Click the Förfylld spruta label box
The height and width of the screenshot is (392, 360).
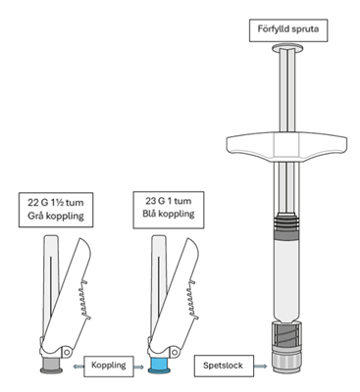288,30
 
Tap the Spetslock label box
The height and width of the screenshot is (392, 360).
224,366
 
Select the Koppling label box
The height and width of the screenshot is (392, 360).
109,366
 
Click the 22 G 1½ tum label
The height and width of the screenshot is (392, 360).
56,203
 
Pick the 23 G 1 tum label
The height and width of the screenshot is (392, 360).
169,201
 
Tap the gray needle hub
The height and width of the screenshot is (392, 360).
51,366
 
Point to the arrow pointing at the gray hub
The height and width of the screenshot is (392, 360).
77,367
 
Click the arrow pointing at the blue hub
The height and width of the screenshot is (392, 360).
139,367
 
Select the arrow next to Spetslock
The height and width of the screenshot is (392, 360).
262,366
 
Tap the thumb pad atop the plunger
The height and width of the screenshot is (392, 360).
287,48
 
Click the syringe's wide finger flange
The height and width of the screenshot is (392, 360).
287,145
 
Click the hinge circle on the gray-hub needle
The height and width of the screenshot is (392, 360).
68,352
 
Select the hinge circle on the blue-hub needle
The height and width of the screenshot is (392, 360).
176,352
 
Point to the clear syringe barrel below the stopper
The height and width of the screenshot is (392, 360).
287,280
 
